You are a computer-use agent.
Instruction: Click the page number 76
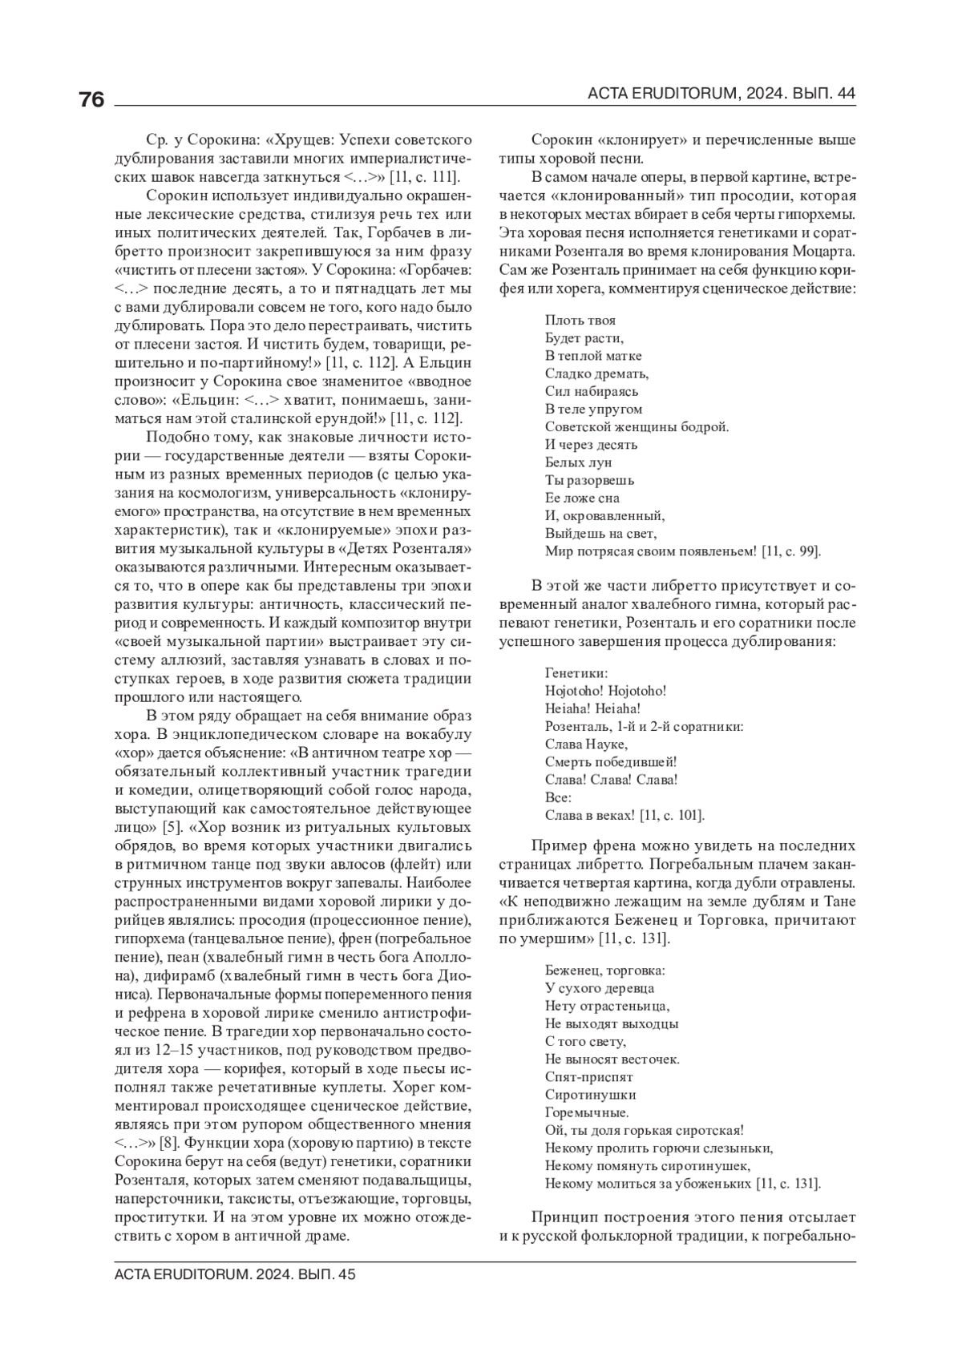pos(91,99)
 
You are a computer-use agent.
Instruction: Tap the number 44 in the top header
pos(846,94)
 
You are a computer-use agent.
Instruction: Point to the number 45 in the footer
pos(346,1274)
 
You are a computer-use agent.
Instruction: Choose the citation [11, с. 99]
pos(790,551)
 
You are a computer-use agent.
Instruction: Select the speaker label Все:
pos(558,797)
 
